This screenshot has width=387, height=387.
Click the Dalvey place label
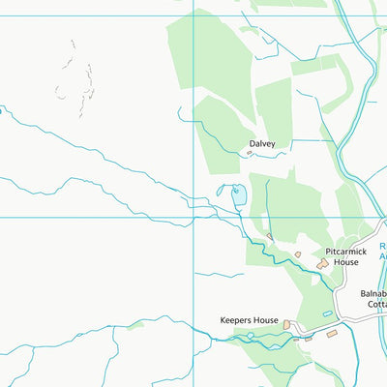pyautogui.click(x=262, y=144)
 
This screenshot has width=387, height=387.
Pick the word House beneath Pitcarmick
pyautogui.click(x=347, y=261)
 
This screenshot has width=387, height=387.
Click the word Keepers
pyautogui.click(x=236, y=320)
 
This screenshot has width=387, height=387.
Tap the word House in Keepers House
pyautogui.click(x=266, y=320)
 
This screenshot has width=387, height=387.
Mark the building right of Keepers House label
pyautogui.click(x=287, y=324)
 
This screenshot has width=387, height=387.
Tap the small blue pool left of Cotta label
pyautogui.click(x=327, y=314)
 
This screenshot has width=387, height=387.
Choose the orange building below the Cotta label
pyautogui.click(x=332, y=334)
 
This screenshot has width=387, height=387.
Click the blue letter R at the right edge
pyautogui.click(x=382, y=246)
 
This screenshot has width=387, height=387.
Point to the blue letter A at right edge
pyautogui.click(x=382, y=257)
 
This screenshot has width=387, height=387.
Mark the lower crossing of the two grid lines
pyautogui.click(x=193, y=217)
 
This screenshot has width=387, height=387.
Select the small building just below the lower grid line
pyautogui.click(x=270, y=236)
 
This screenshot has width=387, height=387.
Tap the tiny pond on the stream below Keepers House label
pyautogui.click(x=250, y=336)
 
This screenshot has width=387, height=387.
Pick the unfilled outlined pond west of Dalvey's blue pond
pyautogui.click(x=222, y=192)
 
